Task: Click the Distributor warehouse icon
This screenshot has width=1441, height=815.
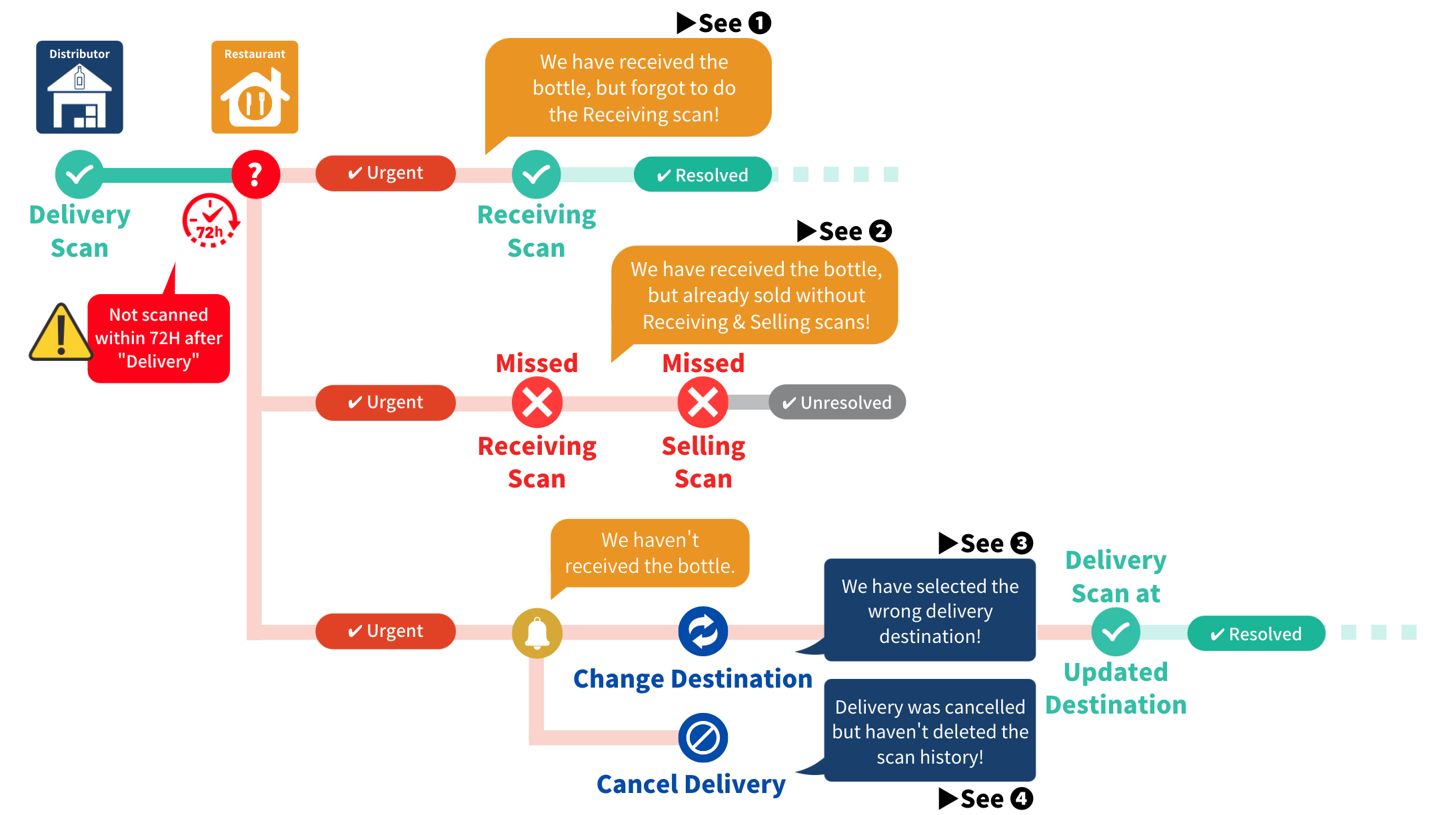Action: pyautogui.click(x=79, y=87)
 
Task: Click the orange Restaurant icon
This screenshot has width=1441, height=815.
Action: pyautogui.click(x=255, y=87)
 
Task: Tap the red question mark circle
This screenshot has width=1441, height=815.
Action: pyautogui.click(x=255, y=174)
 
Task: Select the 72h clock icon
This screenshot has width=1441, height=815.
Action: pyautogui.click(x=211, y=221)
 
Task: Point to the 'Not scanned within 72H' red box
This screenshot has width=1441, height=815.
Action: pyautogui.click(x=159, y=338)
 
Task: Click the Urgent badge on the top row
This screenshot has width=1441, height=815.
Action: pyautogui.click(x=385, y=173)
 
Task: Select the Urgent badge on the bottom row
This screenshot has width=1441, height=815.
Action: pyautogui.click(x=385, y=631)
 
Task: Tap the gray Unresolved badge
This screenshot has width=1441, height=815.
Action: pyautogui.click(x=837, y=402)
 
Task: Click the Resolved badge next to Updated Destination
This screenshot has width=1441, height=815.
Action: pyautogui.click(x=1256, y=634)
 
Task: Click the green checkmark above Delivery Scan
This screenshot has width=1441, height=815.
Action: pyautogui.click(x=79, y=174)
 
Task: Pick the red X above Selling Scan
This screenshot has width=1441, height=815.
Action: pyautogui.click(x=703, y=402)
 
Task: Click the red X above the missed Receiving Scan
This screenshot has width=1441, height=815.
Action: pyautogui.click(x=537, y=402)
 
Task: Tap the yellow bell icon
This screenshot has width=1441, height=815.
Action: pyautogui.click(x=537, y=633)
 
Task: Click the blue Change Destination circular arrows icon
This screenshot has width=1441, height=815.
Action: pyautogui.click(x=703, y=631)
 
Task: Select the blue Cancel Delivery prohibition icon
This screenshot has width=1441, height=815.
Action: pyautogui.click(x=703, y=738)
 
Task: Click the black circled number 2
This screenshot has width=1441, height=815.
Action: pyautogui.click(x=880, y=231)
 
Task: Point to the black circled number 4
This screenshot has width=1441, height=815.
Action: pyautogui.click(x=1022, y=798)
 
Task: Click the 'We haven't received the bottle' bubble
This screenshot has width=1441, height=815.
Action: pyautogui.click(x=650, y=553)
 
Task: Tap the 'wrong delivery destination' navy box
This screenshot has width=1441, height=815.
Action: pyautogui.click(x=930, y=610)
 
